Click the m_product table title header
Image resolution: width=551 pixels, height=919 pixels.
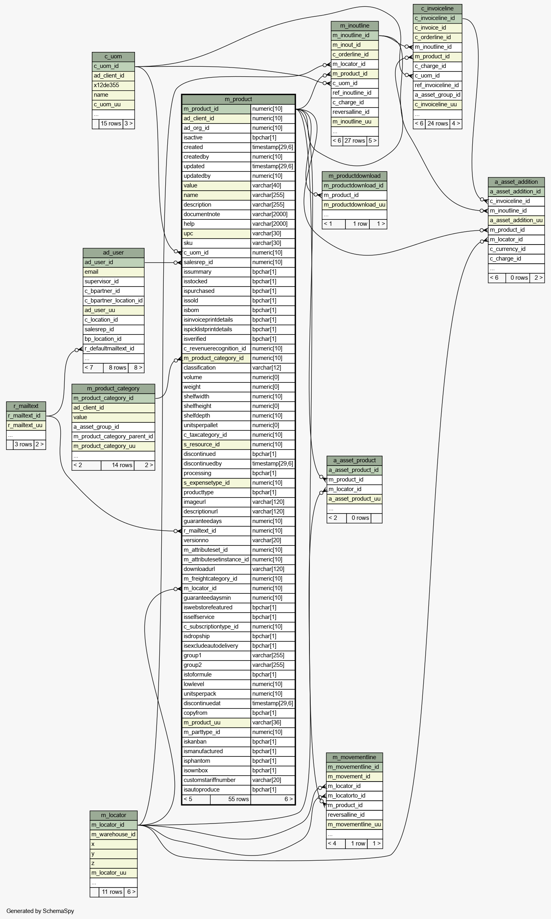click(238, 99)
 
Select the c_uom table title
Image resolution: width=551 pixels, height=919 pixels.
click(113, 56)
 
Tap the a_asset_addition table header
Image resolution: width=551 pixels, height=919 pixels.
click(516, 182)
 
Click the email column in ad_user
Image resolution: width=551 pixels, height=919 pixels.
click(91, 272)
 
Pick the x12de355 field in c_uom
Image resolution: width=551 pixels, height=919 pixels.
click(106, 85)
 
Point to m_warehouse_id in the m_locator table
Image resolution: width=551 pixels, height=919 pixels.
click(113, 834)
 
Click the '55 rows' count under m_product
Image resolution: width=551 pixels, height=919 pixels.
click(238, 799)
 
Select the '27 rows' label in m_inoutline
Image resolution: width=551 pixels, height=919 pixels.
click(355, 141)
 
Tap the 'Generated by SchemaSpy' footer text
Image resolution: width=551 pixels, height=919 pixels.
click(40, 911)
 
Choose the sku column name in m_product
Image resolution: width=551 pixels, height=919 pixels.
click(188, 243)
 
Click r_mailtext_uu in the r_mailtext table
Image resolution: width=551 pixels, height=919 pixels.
click(25, 425)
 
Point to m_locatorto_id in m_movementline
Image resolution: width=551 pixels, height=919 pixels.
click(347, 796)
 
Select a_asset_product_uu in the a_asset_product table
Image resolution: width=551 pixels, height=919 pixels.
click(355, 499)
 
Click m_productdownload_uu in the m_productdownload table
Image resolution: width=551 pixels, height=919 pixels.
click(355, 205)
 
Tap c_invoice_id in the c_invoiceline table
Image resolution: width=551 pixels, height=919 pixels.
click(430, 28)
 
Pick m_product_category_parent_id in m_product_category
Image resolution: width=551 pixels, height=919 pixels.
click(113, 436)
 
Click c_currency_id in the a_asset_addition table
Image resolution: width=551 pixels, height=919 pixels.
click(507, 249)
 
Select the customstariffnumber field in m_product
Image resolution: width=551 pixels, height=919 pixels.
click(210, 780)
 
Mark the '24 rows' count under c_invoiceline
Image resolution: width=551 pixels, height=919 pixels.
click(438, 123)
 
